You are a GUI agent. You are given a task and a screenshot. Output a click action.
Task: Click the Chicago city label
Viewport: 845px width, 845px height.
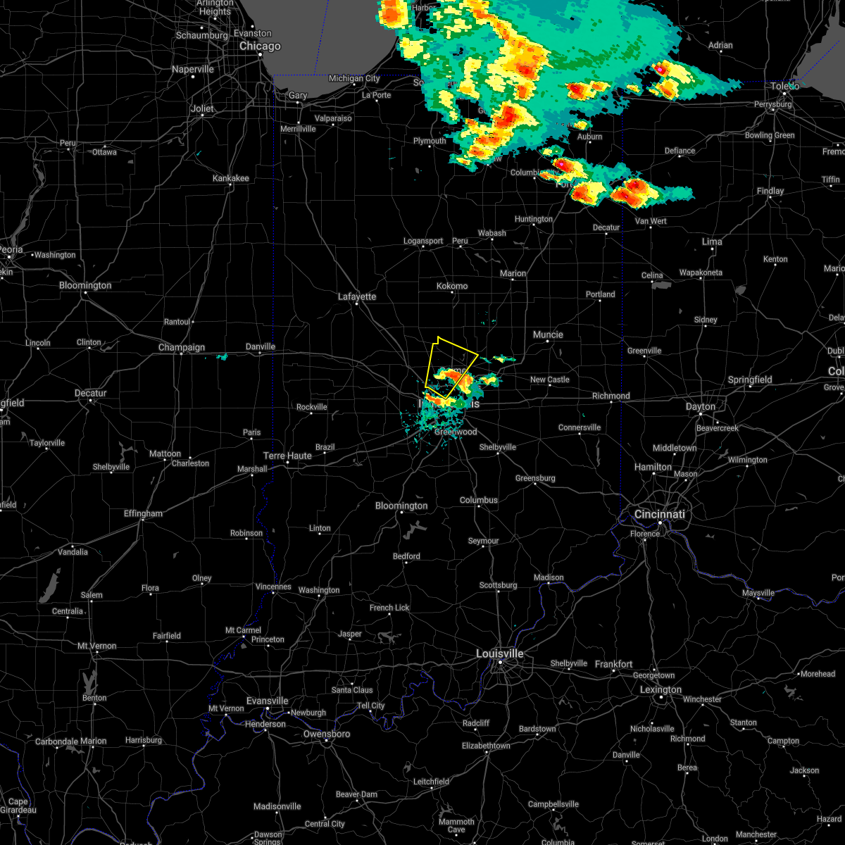(260, 46)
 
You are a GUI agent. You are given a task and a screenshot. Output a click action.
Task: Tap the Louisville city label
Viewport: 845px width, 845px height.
(500, 653)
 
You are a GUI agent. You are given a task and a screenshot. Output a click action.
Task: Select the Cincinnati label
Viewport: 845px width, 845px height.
(660, 514)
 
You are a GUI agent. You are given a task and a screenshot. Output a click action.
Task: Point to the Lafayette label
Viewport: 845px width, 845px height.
(357, 296)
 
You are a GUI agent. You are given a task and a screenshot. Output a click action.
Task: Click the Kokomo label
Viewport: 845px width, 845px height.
(452, 286)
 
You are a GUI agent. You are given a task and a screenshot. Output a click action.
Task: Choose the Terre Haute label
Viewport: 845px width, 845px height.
(287, 456)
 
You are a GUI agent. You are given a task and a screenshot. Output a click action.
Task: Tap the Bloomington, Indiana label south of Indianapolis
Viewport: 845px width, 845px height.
(401, 506)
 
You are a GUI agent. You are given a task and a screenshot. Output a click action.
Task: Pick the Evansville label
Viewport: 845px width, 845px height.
(268, 701)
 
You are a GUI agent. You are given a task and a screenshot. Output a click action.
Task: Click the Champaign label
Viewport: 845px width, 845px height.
(182, 347)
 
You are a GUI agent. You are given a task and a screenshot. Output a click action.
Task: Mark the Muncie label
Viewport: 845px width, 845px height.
(548, 334)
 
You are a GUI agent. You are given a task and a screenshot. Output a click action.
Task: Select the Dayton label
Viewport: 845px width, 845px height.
(701, 406)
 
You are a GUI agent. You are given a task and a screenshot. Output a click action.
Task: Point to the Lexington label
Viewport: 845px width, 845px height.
(661, 689)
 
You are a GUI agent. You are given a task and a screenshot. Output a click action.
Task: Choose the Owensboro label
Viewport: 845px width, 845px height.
(327, 734)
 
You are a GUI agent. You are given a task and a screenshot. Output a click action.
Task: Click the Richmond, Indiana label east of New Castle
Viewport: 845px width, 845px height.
(611, 396)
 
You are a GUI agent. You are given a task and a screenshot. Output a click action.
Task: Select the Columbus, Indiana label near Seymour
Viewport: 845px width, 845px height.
(479, 500)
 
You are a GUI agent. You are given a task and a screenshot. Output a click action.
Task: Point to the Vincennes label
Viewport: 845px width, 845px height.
(273, 587)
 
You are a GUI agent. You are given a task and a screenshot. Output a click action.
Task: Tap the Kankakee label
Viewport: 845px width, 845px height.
(231, 178)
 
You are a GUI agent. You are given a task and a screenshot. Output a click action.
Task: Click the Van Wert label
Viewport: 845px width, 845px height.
(651, 221)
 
